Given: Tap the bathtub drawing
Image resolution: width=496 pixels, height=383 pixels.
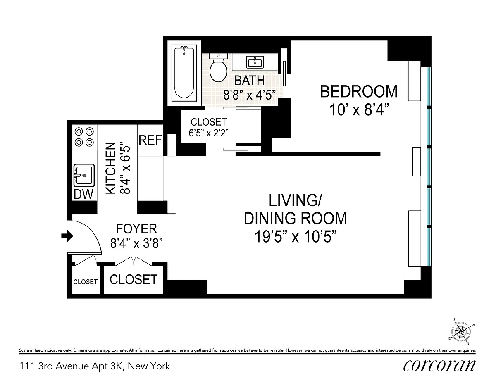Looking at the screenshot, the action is pos(184,73).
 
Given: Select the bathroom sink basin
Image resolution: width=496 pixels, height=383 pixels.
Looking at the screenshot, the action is pos(255,62).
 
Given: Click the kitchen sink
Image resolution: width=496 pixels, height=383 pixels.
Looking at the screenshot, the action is pos(84,175).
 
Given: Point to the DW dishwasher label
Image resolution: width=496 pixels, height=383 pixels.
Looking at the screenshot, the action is pos(83,194).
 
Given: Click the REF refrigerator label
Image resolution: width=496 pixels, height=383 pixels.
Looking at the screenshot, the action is pos(150,140).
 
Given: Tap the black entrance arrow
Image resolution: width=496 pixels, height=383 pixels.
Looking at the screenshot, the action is pos(67,236).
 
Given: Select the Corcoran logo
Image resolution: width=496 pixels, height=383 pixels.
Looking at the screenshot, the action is pos(439,366).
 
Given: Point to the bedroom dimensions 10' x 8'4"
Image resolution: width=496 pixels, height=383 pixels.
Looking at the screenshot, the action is pos(359,110).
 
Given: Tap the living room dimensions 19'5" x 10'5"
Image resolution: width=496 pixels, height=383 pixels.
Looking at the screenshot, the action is pos(296,237).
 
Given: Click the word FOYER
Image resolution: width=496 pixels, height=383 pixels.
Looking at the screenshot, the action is pos(136,228).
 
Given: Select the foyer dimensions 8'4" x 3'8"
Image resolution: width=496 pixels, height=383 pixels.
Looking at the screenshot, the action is pos(136,243).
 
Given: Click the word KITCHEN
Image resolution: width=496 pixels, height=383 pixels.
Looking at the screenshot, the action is pos(111,168).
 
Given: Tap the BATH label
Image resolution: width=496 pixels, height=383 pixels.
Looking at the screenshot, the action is pos(249,81).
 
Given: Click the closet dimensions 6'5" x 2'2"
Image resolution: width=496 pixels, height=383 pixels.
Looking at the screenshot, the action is pos(208,133).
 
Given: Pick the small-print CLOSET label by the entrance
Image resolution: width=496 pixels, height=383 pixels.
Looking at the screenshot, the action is pos(86,282).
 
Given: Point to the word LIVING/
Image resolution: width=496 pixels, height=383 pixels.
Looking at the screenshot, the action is pos(295,200).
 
